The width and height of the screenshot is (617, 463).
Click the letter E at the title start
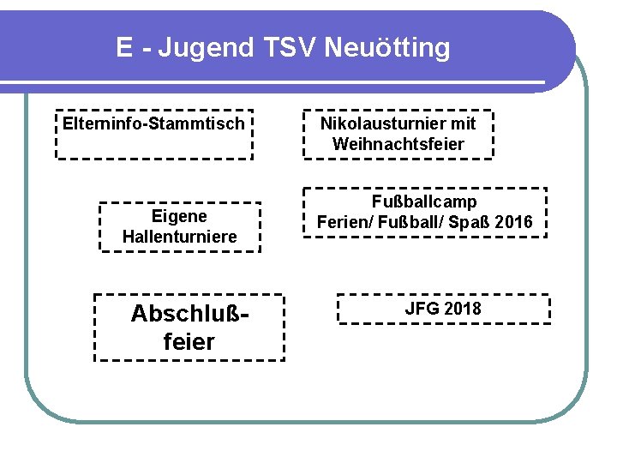coord(125,48)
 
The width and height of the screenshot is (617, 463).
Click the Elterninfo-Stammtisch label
coord(153,124)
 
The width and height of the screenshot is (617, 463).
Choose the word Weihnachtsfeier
coord(398,144)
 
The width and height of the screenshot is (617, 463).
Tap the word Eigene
coord(179,216)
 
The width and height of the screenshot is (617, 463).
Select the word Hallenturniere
coord(179,237)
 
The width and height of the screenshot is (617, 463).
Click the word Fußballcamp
coord(424,202)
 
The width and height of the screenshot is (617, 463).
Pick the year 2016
coord(513,223)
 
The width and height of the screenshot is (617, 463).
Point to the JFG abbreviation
coord(422,309)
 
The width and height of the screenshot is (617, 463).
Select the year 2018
coord(463,309)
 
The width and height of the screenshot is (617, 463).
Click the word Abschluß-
coord(189,315)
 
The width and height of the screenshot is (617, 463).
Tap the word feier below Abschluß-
coord(189,342)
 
